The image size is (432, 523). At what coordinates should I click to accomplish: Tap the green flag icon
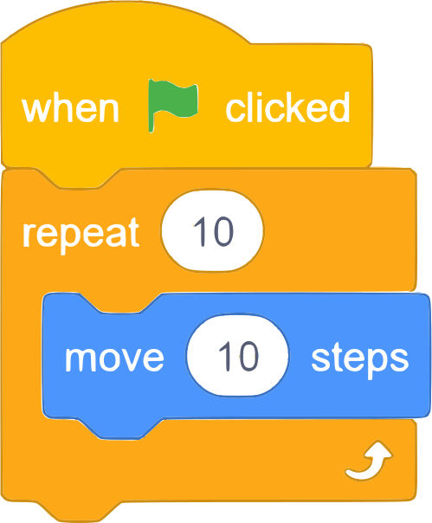173,105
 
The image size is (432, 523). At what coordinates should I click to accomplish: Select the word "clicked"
287,107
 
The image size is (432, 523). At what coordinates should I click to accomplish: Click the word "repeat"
81,234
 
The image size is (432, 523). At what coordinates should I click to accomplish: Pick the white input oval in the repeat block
212,230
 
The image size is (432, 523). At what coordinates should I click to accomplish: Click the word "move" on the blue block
114,358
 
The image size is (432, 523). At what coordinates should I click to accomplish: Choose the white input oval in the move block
237,355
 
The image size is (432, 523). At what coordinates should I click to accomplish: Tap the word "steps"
360,359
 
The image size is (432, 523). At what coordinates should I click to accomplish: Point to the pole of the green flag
152,106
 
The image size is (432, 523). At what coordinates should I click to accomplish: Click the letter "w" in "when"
35,109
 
